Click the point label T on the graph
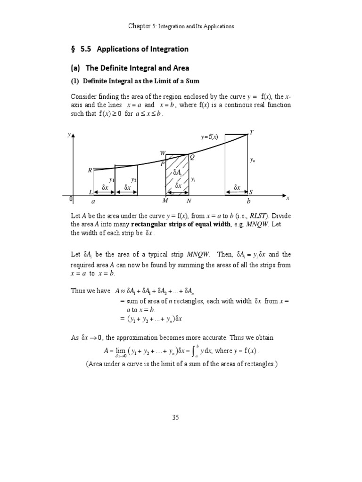click(x=251, y=132)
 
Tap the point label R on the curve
click(x=90, y=170)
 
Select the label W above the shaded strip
click(x=163, y=153)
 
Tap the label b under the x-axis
click(x=249, y=201)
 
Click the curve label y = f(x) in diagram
click(x=210, y=137)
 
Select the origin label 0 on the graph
click(x=71, y=200)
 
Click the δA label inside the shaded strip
click(x=178, y=173)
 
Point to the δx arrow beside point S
click(x=237, y=188)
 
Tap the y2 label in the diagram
click(x=134, y=180)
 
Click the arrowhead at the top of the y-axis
click(x=73, y=136)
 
